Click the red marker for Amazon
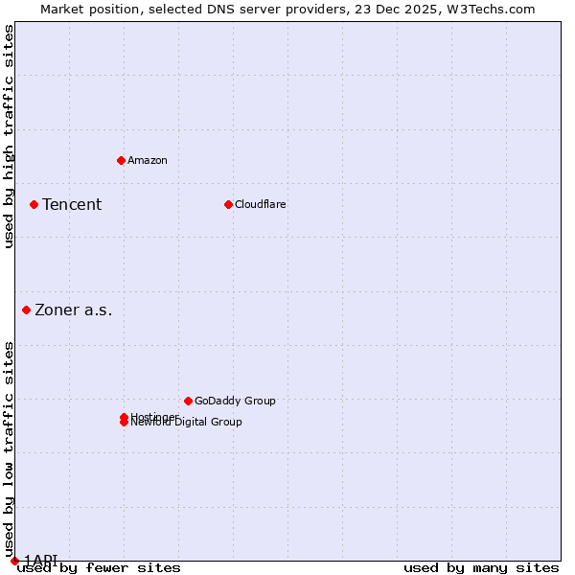coord(121,160)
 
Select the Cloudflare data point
coord(228,204)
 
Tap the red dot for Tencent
coord(34,204)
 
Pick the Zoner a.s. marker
coord(26,310)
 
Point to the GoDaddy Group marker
coord(188,401)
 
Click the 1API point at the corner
coord(14,561)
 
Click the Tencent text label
coord(72,204)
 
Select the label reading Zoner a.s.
coord(74,310)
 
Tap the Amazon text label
coord(147,160)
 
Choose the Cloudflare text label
coord(260,204)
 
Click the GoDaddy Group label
coord(235,401)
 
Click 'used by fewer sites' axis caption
coord(99,568)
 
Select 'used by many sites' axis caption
coord(481,568)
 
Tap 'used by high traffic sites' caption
coord(9,137)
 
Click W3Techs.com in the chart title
coord(488,9)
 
